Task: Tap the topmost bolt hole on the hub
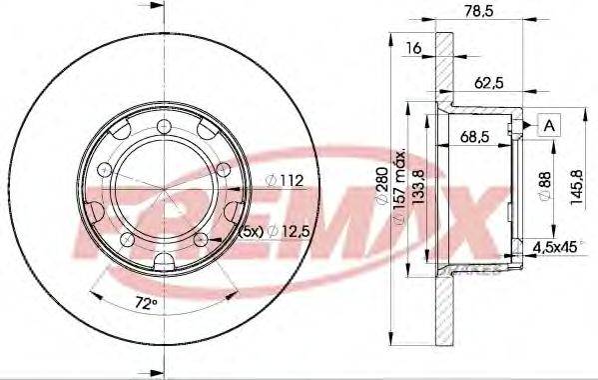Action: tap(162, 125)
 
